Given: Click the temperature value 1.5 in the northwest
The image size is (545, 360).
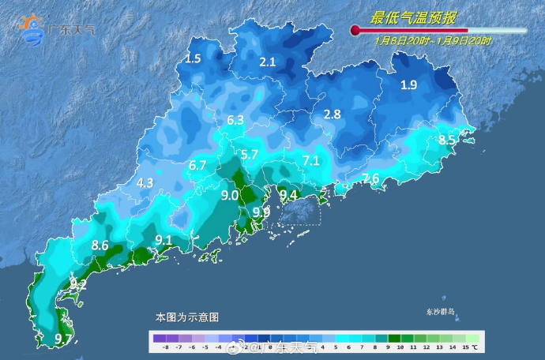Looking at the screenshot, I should tap(194, 59).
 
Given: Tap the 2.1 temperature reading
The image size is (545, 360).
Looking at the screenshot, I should tap(268, 62).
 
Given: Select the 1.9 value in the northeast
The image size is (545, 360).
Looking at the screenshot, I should tap(409, 85).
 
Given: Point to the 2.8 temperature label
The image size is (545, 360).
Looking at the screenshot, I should tap(333, 114).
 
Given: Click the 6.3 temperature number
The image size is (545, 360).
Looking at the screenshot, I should tap(235, 121).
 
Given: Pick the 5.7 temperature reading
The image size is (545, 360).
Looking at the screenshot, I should tap(250, 155).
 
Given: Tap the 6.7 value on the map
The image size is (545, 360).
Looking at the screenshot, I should tap(197, 166).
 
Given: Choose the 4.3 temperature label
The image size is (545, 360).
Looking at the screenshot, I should tap(145, 182).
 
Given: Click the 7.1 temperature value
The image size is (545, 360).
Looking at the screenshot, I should tap(311, 161).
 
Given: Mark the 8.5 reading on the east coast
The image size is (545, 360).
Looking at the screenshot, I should tap(447, 141).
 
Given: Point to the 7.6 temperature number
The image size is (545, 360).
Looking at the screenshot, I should tap(370, 178).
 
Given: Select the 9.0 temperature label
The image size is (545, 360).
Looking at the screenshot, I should tap(230, 195).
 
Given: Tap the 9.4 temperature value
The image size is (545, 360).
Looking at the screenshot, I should tap(288, 195).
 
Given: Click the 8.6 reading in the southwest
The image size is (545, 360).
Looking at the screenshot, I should tap(100, 246).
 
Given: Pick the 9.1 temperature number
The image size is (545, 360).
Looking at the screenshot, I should tap(163, 240).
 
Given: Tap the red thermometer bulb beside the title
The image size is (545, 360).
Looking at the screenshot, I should tap(355, 31).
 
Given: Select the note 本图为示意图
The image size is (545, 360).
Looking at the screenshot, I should tap(186, 317).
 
